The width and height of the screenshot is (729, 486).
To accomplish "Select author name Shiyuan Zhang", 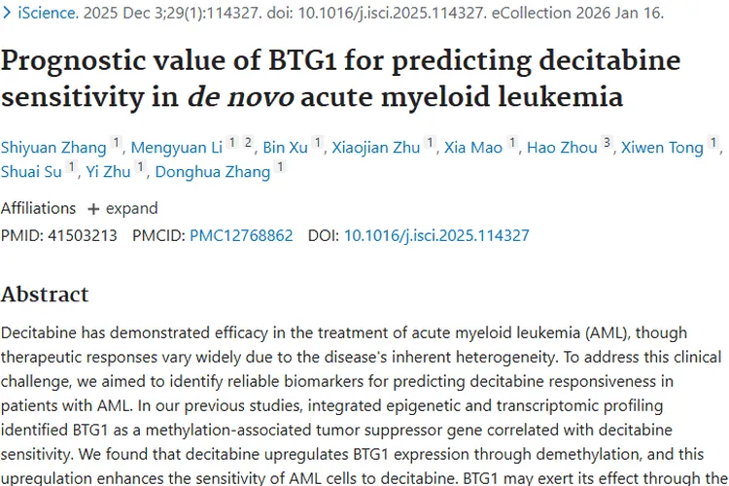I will [53, 148].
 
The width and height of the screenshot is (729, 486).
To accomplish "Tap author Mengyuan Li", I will [176, 148].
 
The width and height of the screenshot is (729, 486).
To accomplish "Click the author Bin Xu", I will [285, 148].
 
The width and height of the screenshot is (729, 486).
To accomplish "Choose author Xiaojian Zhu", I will [376, 148].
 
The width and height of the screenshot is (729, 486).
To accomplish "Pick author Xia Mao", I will [473, 148].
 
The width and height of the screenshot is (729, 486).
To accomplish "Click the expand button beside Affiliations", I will [122, 208].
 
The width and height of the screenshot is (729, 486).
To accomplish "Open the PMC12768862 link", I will [241, 235].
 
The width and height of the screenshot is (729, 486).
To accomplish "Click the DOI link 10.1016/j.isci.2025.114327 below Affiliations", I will [436, 235].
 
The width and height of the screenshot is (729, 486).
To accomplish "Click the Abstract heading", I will [45, 294].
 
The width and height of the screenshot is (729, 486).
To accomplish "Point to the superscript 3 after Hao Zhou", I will [607, 143].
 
